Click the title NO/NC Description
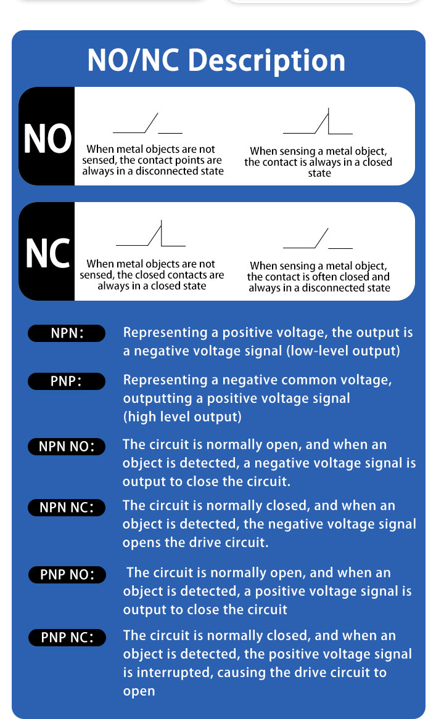(x=216, y=60)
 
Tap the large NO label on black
(x=47, y=138)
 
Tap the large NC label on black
(x=47, y=253)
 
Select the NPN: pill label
(x=67, y=333)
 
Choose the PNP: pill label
(x=67, y=381)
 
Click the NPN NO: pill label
(x=67, y=447)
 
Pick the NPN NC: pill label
(x=67, y=508)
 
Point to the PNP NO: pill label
(x=67, y=575)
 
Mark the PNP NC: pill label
(x=67, y=638)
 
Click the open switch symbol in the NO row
(x=147, y=123)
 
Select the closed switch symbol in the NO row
(x=318, y=121)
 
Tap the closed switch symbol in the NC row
(x=150, y=234)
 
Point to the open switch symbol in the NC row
(x=318, y=238)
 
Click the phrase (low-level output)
(x=343, y=351)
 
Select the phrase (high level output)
(x=182, y=417)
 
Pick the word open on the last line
(x=139, y=692)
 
